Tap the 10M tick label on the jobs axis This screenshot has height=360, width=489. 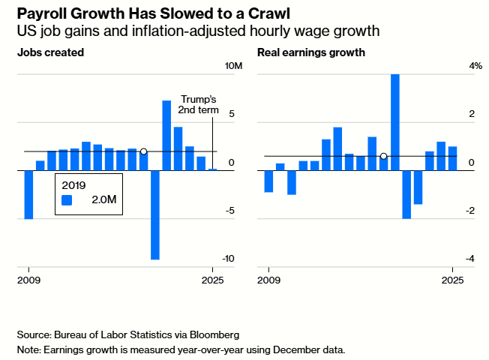click(x=234, y=67)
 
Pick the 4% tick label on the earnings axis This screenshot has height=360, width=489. click(x=475, y=67)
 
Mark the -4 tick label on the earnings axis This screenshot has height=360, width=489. click(x=471, y=259)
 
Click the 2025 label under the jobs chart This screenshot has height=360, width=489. click(x=214, y=280)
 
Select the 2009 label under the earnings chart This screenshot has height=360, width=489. click(x=269, y=280)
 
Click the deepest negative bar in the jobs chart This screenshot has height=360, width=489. click(x=155, y=214)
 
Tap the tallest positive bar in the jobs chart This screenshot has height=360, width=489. click(x=166, y=135)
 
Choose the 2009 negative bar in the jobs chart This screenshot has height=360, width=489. click(x=28, y=194)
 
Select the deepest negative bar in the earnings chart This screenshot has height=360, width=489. click(x=406, y=194)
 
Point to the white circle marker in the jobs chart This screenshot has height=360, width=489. click(x=143, y=151)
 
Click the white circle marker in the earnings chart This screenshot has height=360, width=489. click(x=383, y=156)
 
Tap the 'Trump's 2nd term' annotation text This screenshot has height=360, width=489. click(x=198, y=104)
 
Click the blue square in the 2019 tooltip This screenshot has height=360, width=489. click(x=67, y=200)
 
